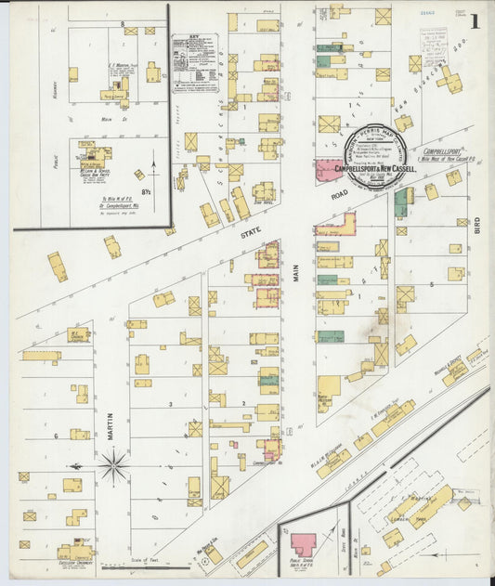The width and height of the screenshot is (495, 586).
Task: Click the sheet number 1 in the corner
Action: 475,21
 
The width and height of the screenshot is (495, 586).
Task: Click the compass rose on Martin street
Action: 114,464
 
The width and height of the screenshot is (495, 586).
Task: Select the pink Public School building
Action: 303,544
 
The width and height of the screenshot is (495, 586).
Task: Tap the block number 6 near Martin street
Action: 56,435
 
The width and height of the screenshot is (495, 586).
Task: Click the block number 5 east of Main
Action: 431,283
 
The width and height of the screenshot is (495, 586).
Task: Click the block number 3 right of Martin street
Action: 170,404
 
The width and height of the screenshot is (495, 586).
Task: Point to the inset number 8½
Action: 145,191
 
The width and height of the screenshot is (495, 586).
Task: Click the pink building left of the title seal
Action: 327,170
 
